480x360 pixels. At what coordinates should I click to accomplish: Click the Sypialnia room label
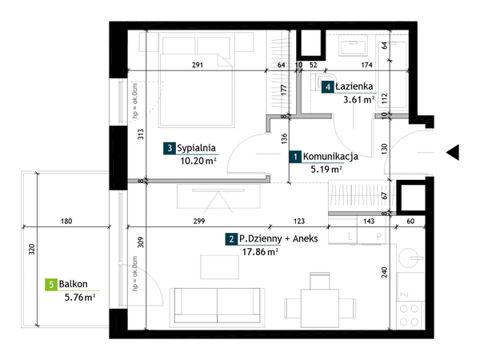(x=196, y=148)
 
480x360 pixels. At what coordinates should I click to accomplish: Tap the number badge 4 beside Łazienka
(x=327, y=87)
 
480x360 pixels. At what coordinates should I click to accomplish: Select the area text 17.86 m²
(x=260, y=252)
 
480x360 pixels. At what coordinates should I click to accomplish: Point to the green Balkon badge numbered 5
(x=51, y=285)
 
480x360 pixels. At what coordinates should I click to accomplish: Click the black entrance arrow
(x=453, y=152)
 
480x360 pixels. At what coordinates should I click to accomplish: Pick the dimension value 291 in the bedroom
(x=198, y=65)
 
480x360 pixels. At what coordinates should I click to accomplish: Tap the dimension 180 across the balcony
(x=66, y=221)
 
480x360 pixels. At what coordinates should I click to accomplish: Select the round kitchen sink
(x=410, y=258)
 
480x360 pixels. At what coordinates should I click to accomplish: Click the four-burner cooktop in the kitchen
(x=409, y=315)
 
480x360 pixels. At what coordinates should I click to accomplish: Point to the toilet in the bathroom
(x=324, y=82)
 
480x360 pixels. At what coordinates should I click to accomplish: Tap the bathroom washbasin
(x=353, y=46)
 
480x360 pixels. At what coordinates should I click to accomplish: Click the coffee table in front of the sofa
(x=220, y=267)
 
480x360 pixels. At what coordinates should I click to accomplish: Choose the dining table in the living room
(x=320, y=308)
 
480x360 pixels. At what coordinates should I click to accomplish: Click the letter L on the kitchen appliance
(x=350, y=236)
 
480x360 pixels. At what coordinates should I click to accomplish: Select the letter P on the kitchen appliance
(x=378, y=236)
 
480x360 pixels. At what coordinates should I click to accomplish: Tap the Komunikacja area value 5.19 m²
(x=326, y=169)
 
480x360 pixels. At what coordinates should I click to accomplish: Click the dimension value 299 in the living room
(x=199, y=221)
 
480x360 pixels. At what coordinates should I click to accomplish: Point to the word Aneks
(x=306, y=238)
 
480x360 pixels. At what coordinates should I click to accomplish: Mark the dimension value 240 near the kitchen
(x=385, y=273)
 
